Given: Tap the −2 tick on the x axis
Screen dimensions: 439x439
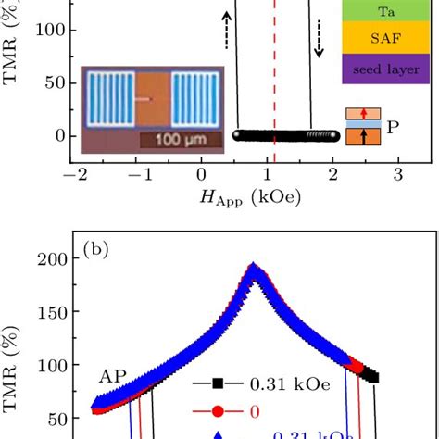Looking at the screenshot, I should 81,175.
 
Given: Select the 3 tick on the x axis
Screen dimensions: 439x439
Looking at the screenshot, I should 397,175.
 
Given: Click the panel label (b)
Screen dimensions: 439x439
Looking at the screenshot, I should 97,249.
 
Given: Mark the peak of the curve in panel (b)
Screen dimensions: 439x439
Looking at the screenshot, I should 254,269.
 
